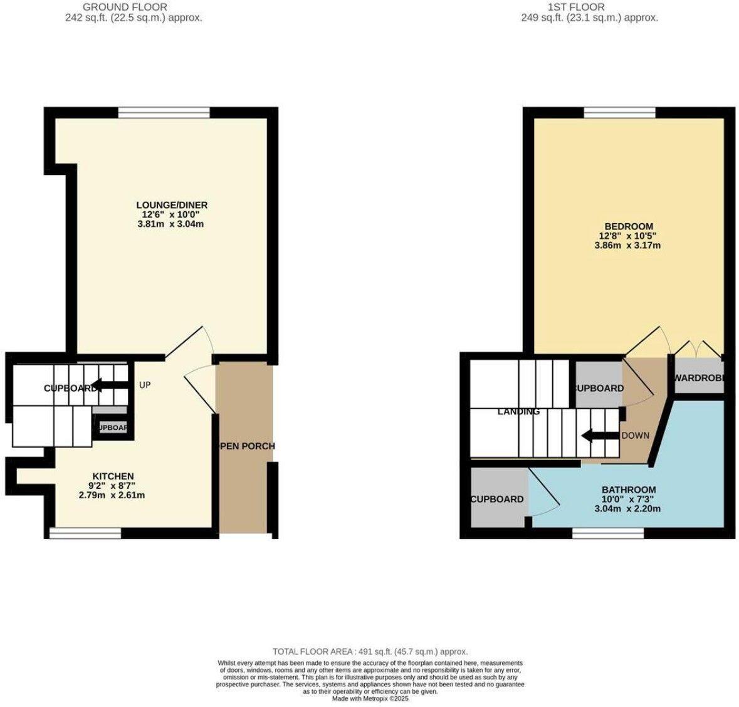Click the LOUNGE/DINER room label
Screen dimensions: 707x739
coord(172,205)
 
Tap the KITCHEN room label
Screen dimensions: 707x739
coord(113,476)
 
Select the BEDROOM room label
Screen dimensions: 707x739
coord(628,226)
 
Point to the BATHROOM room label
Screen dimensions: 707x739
coord(628,490)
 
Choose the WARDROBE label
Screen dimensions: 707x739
coord(698,378)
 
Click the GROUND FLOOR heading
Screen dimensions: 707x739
coord(134,7)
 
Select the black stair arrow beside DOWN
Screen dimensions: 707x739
coord(599,436)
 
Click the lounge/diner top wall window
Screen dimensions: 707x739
coord(164,112)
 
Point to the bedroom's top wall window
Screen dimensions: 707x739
coord(620,112)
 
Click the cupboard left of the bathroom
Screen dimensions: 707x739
coord(498,499)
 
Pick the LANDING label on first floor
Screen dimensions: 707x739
coord(518,412)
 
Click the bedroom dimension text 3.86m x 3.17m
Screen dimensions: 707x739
coord(628,246)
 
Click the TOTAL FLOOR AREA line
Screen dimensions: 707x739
coord(370,652)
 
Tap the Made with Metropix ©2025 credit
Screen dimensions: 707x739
coord(370,698)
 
